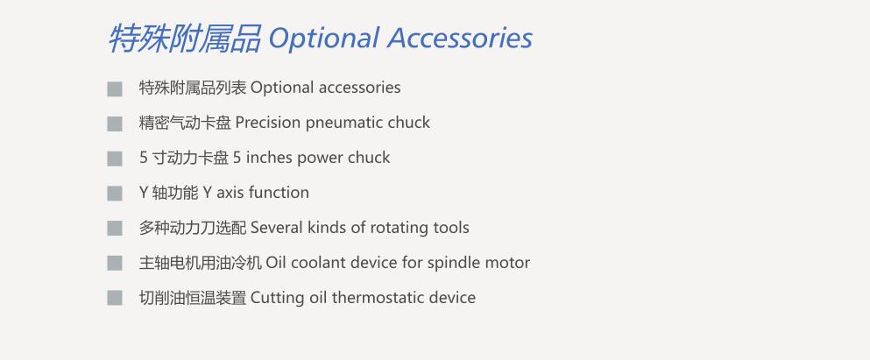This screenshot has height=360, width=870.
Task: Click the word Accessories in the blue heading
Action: tap(460, 39)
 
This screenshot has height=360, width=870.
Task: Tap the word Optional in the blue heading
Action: tap(323, 39)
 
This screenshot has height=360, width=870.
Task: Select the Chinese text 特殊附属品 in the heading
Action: tap(184, 39)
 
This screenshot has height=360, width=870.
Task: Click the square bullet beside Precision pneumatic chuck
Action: tap(115, 124)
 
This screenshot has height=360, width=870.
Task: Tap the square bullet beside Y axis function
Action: tap(115, 194)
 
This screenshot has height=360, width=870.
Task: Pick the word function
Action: tap(279, 193)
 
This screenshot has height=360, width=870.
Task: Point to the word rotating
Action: tap(399, 228)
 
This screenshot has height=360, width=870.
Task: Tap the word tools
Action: tap(451, 228)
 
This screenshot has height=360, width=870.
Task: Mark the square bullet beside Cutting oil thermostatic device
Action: tap(115, 298)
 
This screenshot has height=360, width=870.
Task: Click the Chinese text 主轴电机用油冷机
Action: tap(201, 263)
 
